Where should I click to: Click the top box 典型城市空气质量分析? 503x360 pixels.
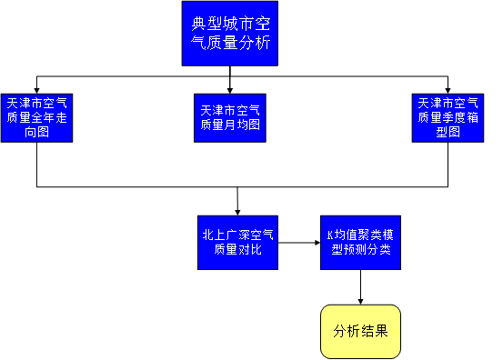229,33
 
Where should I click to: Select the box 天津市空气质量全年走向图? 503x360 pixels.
36,116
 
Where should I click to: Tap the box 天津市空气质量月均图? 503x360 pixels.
229,116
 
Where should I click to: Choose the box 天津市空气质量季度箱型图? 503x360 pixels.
448,116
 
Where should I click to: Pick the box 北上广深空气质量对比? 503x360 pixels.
236,242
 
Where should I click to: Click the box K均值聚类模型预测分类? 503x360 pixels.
360,242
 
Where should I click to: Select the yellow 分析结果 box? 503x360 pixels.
360,331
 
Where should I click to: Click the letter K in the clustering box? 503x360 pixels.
330,235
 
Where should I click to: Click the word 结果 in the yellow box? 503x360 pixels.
374,331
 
